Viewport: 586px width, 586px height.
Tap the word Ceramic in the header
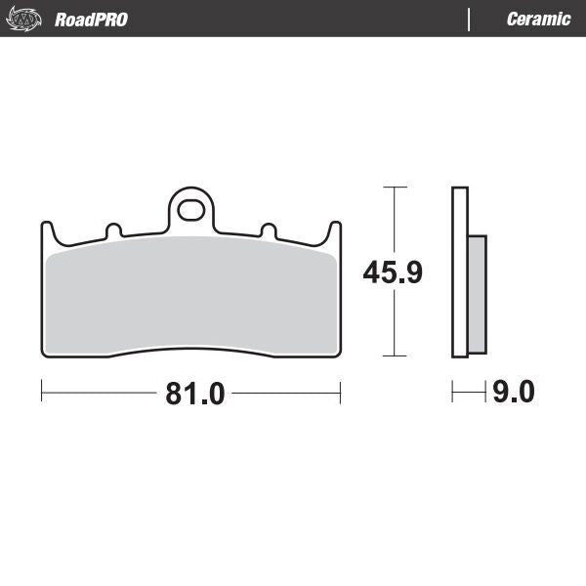pyautogui.click(x=538, y=20)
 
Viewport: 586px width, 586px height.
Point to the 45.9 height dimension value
pyautogui.click(x=392, y=272)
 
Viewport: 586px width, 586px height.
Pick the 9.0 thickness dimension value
pyautogui.click(x=514, y=394)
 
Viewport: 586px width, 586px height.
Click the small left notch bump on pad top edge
pyautogui.click(x=113, y=230)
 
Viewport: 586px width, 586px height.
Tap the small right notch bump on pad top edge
pyautogui.click(x=267, y=230)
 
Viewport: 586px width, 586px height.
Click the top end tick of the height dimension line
pyautogui.click(x=394, y=187)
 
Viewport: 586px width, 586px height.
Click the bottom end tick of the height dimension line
pyautogui.click(x=394, y=356)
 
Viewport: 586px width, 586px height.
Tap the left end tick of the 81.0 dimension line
pyautogui.click(x=42, y=394)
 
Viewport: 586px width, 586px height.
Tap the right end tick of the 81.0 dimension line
pyautogui.click(x=340, y=394)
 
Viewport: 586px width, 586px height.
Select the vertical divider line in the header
pyautogui.click(x=470, y=20)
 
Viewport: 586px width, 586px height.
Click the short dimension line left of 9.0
pyautogui.click(x=469, y=394)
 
